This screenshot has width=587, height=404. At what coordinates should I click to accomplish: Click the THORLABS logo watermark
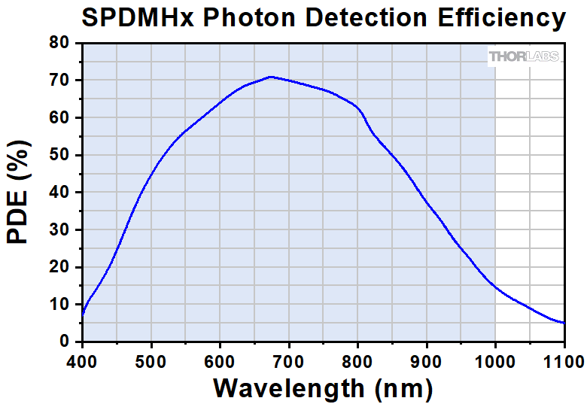tap(525, 56)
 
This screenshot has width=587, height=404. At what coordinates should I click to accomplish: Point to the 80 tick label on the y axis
tap(59, 43)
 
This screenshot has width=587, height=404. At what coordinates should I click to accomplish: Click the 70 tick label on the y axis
tap(59, 80)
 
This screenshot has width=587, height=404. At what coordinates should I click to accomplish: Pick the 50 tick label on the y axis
tap(59, 155)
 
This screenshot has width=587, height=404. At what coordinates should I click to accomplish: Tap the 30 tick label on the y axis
tap(59, 230)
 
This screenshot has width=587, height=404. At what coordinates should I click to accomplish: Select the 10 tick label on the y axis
tap(59, 305)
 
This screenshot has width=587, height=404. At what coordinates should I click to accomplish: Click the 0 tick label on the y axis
tap(64, 342)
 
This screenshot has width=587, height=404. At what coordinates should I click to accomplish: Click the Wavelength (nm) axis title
tap(323, 387)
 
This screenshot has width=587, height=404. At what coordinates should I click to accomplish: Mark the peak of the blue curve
tap(270, 77)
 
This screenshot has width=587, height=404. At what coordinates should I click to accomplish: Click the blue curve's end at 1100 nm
tap(564, 323)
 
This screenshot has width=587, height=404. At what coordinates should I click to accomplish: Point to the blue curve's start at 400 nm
tap(82, 314)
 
